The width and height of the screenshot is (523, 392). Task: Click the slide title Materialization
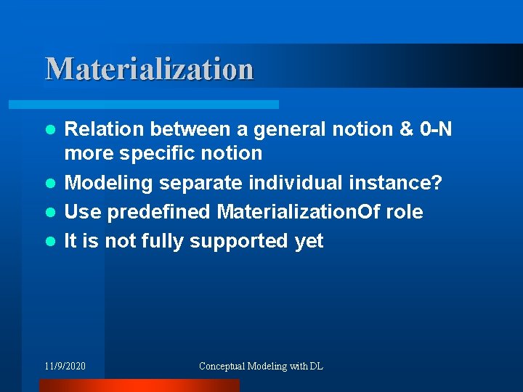click(150, 69)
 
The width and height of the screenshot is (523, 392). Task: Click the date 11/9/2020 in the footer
click(65, 366)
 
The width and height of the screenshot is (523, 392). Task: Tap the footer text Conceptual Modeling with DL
click(261, 366)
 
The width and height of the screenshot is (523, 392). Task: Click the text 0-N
click(436, 129)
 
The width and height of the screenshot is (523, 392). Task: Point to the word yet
click(309, 241)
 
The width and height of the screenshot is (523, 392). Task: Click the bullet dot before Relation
click(50, 130)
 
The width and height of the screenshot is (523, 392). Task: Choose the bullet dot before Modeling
click(50, 184)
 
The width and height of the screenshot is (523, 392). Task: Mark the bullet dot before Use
click(50, 213)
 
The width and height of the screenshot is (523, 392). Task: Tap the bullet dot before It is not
click(50, 242)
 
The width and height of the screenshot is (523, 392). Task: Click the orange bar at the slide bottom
click(138, 385)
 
